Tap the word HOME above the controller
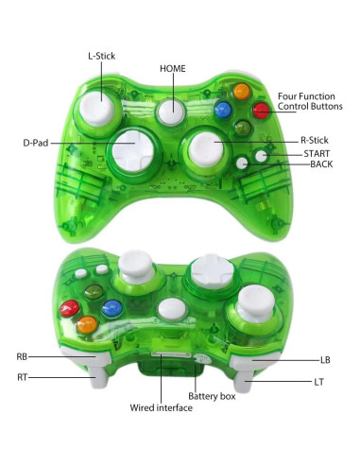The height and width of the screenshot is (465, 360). [172, 69]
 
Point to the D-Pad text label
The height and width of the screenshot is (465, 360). [36, 144]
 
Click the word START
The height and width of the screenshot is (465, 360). [316, 153]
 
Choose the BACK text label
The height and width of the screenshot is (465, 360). [321, 164]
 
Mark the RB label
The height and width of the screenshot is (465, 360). [22, 357]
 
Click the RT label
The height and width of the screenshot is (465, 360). [22, 378]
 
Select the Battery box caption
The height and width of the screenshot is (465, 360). [210, 395]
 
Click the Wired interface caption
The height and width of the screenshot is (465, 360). [161, 408]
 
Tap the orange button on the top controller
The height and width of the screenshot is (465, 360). [242, 92]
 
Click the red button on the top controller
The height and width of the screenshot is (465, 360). [260, 111]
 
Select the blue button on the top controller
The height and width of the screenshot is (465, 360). [223, 109]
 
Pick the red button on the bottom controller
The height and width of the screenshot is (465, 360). [68, 308]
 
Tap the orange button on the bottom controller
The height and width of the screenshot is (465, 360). [88, 326]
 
